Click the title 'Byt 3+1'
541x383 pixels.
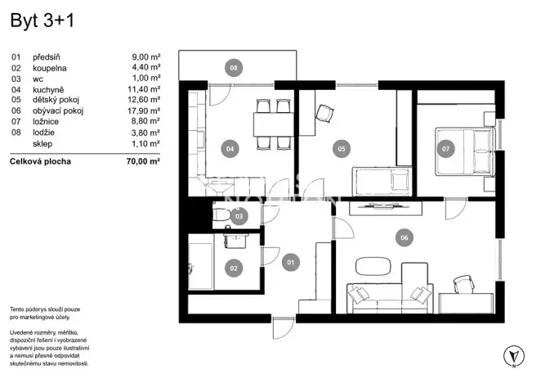coord(42,22)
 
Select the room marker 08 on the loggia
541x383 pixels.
coord(234,69)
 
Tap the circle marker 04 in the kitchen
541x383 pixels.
coord(230,149)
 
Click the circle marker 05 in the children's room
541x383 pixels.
coord(342,149)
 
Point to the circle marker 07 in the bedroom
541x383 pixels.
coord(445,149)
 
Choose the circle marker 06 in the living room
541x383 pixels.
coord(403,238)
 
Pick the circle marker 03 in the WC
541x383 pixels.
coord(239,217)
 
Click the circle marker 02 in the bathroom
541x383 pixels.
coord(233,267)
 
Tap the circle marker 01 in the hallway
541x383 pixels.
coord(289,263)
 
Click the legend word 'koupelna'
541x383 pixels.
coord(50,68)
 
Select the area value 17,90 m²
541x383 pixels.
coord(145,110)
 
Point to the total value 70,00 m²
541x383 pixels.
coord(143,161)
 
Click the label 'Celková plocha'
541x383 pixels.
coord(40,161)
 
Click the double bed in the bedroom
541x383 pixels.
coord(463,150)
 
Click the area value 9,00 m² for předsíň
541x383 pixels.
coord(146,57)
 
